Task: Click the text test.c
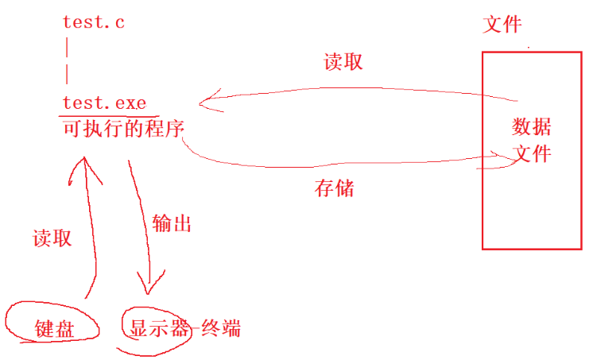[x=94, y=22]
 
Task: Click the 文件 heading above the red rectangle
[x=502, y=24]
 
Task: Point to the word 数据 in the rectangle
[x=532, y=127]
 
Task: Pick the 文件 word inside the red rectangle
[x=532, y=153]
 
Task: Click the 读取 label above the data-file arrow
[x=343, y=62]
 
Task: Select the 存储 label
[x=335, y=188]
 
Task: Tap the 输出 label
[x=172, y=223]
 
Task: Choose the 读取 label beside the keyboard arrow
[x=52, y=238]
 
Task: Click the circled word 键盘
[x=55, y=328]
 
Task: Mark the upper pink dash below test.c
[x=67, y=47]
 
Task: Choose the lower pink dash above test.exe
[x=67, y=74]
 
